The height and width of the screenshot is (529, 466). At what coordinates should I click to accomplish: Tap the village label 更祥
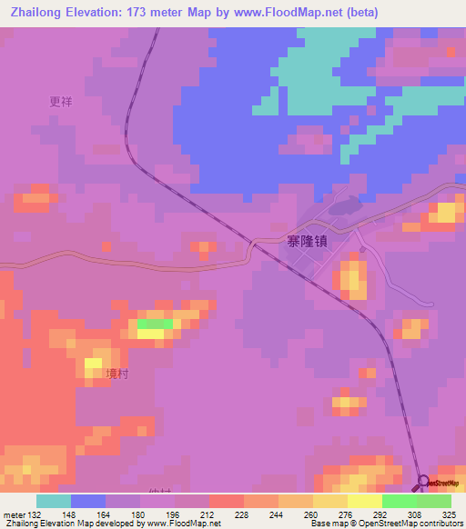point(61,103)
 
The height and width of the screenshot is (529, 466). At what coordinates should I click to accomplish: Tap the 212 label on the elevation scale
point(192,514)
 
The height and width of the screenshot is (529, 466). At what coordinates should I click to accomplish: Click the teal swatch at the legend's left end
point(53,501)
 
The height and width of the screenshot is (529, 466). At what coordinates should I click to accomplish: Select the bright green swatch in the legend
point(399,501)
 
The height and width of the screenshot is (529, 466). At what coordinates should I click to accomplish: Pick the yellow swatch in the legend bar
point(364,501)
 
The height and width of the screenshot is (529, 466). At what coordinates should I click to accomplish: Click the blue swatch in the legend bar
point(87,501)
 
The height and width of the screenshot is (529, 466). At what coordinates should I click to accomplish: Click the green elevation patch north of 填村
point(155,324)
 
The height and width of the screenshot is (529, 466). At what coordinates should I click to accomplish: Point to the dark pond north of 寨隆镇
point(339,207)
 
